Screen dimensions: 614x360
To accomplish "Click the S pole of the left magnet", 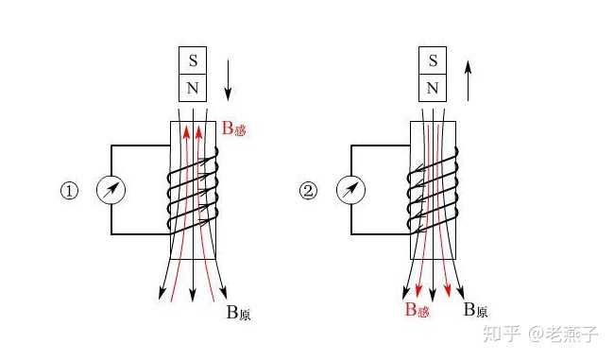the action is point(193,60).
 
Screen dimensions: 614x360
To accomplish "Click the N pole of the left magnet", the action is point(193,88).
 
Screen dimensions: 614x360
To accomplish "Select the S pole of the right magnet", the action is point(433,60).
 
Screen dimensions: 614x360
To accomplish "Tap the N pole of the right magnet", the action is point(433,88).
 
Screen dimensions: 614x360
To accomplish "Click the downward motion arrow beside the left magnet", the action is point(228,80).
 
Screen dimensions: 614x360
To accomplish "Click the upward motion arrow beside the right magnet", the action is point(468,80).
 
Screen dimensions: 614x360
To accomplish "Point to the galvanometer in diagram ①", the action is point(111,190).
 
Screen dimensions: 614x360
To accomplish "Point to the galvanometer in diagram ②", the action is point(350,190).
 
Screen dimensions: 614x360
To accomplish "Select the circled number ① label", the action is point(69,191).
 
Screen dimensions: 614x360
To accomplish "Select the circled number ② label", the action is point(309,191).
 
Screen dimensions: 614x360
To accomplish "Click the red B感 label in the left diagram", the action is point(234,129).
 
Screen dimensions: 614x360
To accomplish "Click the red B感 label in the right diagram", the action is point(417,310).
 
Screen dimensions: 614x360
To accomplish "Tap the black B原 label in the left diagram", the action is point(238,313).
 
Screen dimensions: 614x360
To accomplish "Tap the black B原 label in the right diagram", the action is point(475,310).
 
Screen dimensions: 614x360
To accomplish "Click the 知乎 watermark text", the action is point(502,334).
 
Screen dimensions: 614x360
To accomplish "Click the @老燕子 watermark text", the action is point(563,334).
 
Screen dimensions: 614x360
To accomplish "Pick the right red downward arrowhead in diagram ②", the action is point(448,290).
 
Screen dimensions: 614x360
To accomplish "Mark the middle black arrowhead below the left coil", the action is point(193,295).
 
